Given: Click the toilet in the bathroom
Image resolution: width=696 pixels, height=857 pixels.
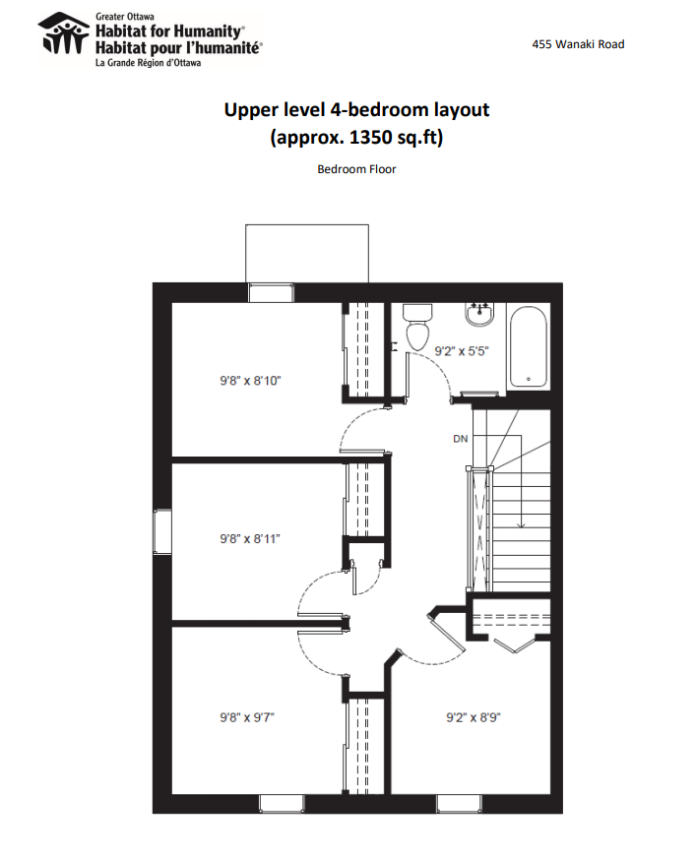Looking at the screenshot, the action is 417,327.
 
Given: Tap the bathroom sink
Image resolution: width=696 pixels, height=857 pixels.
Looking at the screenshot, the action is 479,314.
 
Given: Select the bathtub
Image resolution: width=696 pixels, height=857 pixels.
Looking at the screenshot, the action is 528,346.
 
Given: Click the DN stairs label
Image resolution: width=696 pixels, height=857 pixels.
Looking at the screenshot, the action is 461,438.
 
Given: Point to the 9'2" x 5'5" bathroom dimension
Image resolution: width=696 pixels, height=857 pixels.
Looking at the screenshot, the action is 461,351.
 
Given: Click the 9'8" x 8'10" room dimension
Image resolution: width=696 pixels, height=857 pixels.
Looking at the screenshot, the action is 250,381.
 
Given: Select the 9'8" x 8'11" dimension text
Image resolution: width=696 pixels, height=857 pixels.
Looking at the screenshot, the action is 250,539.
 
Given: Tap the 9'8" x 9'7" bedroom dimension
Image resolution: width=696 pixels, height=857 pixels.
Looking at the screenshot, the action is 247,717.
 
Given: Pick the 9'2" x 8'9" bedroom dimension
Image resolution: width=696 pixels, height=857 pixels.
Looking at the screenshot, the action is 474,717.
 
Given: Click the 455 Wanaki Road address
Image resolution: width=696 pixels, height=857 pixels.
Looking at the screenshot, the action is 578,44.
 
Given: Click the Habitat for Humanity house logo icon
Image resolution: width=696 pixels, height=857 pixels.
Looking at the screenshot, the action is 64,33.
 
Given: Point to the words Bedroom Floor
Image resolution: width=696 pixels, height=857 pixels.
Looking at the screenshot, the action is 356,169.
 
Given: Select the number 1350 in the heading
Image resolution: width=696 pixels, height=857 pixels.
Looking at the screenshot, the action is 371,137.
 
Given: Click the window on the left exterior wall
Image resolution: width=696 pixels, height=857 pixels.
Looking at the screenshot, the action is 162,531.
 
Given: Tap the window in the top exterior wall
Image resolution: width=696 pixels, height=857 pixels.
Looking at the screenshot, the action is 271,292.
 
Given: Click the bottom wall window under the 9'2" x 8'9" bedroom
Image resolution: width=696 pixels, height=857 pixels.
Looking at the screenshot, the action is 459,804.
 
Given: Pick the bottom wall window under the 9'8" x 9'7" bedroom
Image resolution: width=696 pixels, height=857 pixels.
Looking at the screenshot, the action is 281,804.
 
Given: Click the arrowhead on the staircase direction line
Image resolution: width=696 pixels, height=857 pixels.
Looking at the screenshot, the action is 521,525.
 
